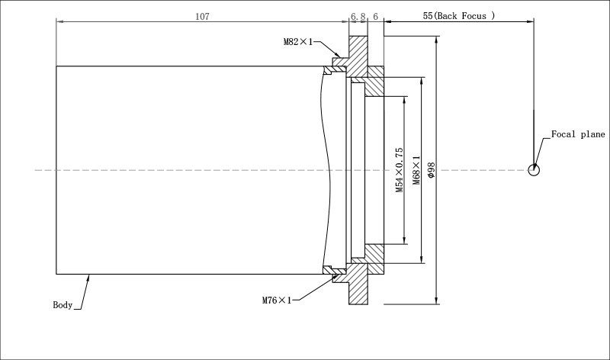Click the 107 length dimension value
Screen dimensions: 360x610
point(202,15)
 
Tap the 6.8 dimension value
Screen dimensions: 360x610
point(358,15)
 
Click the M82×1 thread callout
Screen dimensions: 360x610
point(299,43)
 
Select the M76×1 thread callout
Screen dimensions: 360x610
point(278,301)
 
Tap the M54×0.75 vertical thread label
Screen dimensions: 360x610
point(399,170)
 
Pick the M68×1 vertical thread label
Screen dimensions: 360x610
point(416,170)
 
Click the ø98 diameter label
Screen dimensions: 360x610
point(431,170)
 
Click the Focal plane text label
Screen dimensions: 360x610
point(578,134)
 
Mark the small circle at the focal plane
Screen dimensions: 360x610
point(534,169)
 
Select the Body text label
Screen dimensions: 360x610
point(63,305)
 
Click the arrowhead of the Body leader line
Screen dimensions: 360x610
point(90,277)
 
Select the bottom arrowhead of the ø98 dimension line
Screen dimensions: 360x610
point(436,301)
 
